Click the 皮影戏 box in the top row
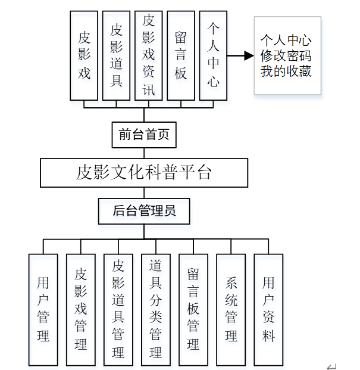[84, 55]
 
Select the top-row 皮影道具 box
[117, 55]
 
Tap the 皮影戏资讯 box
[149, 55]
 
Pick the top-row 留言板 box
[181, 55]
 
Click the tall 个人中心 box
[213, 55]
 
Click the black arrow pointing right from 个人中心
[240, 56]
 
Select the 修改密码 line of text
[286, 56]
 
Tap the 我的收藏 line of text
[286, 71]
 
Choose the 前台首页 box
[144, 135]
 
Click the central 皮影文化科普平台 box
[144, 173]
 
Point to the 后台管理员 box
[145, 211]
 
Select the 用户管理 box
[43, 309]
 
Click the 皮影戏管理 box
[81, 309]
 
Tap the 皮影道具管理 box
[118, 309]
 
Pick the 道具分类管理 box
[156, 309]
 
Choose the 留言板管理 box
[193, 309]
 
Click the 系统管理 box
[231, 309]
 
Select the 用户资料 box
[268, 309]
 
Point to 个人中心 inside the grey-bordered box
[286, 41]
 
